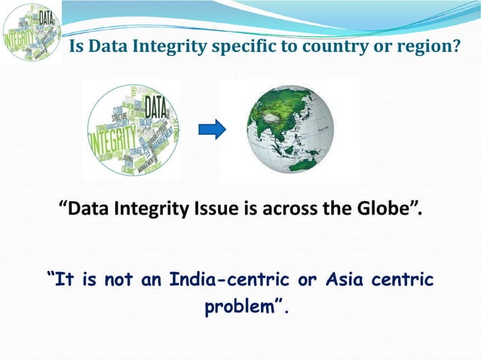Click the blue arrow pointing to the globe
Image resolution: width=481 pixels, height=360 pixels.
[212, 130]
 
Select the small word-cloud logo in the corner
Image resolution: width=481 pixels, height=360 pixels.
[32, 32]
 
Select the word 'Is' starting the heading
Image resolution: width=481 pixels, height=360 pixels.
[76, 47]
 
